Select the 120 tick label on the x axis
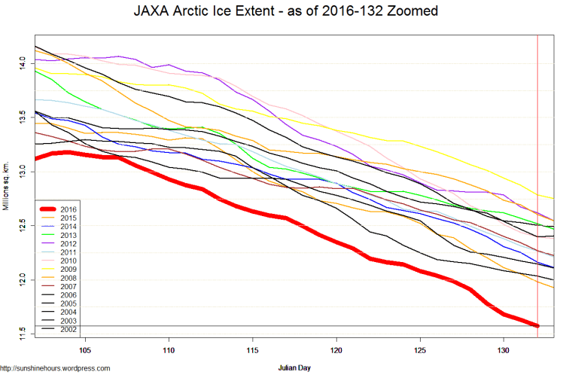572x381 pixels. (x=336, y=351)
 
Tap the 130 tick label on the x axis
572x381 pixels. (x=504, y=351)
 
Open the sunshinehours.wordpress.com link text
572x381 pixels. (x=56, y=368)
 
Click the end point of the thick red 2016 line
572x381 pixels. (x=537, y=325)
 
